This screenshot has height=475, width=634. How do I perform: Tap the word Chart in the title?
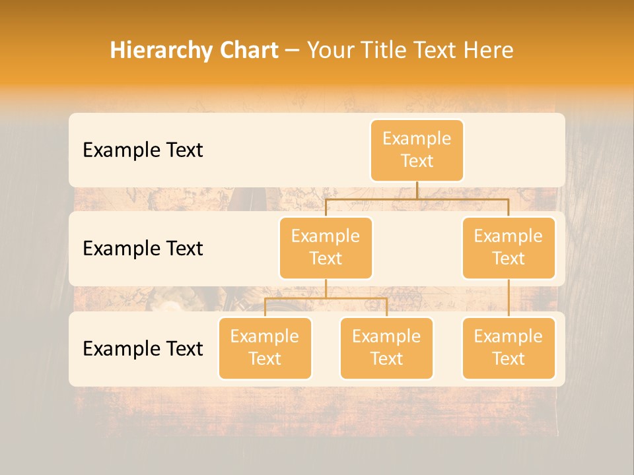click(247, 51)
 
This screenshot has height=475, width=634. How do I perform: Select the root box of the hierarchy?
click(417, 150)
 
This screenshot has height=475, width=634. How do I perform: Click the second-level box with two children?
click(326, 247)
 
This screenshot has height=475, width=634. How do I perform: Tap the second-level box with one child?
click(509, 247)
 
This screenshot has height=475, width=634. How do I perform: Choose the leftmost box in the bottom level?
click(265, 348)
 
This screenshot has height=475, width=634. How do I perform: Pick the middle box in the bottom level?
click(386, 348)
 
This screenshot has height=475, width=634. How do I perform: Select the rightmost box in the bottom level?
click(509, 348)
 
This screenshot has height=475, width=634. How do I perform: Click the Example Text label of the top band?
click(143, 150)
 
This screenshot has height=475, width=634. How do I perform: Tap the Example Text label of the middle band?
click(143, 249)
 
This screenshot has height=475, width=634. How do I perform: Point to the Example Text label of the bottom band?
click(143, 348)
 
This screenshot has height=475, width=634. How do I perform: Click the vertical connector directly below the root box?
click(417, 190)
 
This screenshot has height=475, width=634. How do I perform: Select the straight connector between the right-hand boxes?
click(509, 298)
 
